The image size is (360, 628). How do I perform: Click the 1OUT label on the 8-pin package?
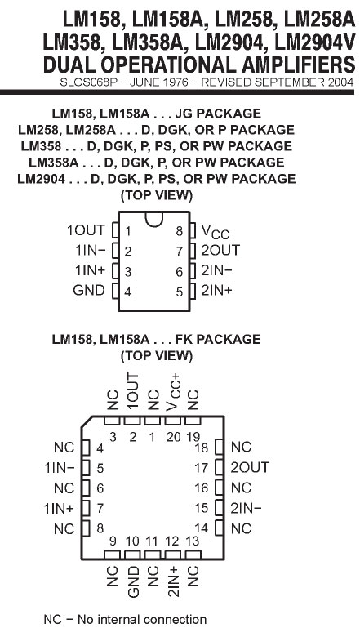85,230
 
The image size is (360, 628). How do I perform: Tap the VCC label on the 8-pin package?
215,231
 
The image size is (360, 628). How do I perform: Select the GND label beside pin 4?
89,290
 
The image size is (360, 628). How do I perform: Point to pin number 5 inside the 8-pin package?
180,292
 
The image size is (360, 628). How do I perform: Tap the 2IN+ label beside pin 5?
216,290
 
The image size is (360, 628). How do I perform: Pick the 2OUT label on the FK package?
250,467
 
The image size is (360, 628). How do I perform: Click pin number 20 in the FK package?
174,437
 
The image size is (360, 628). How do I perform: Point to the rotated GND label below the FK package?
133,581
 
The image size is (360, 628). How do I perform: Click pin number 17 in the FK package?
202,467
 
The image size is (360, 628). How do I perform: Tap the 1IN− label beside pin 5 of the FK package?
60,467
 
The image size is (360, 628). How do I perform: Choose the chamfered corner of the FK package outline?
87,421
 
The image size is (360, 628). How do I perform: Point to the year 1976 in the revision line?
175,82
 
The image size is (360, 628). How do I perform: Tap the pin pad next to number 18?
219,448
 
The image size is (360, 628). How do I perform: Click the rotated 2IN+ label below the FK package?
174,581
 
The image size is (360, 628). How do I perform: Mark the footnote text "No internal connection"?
142,619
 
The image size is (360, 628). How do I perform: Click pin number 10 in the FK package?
132,541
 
